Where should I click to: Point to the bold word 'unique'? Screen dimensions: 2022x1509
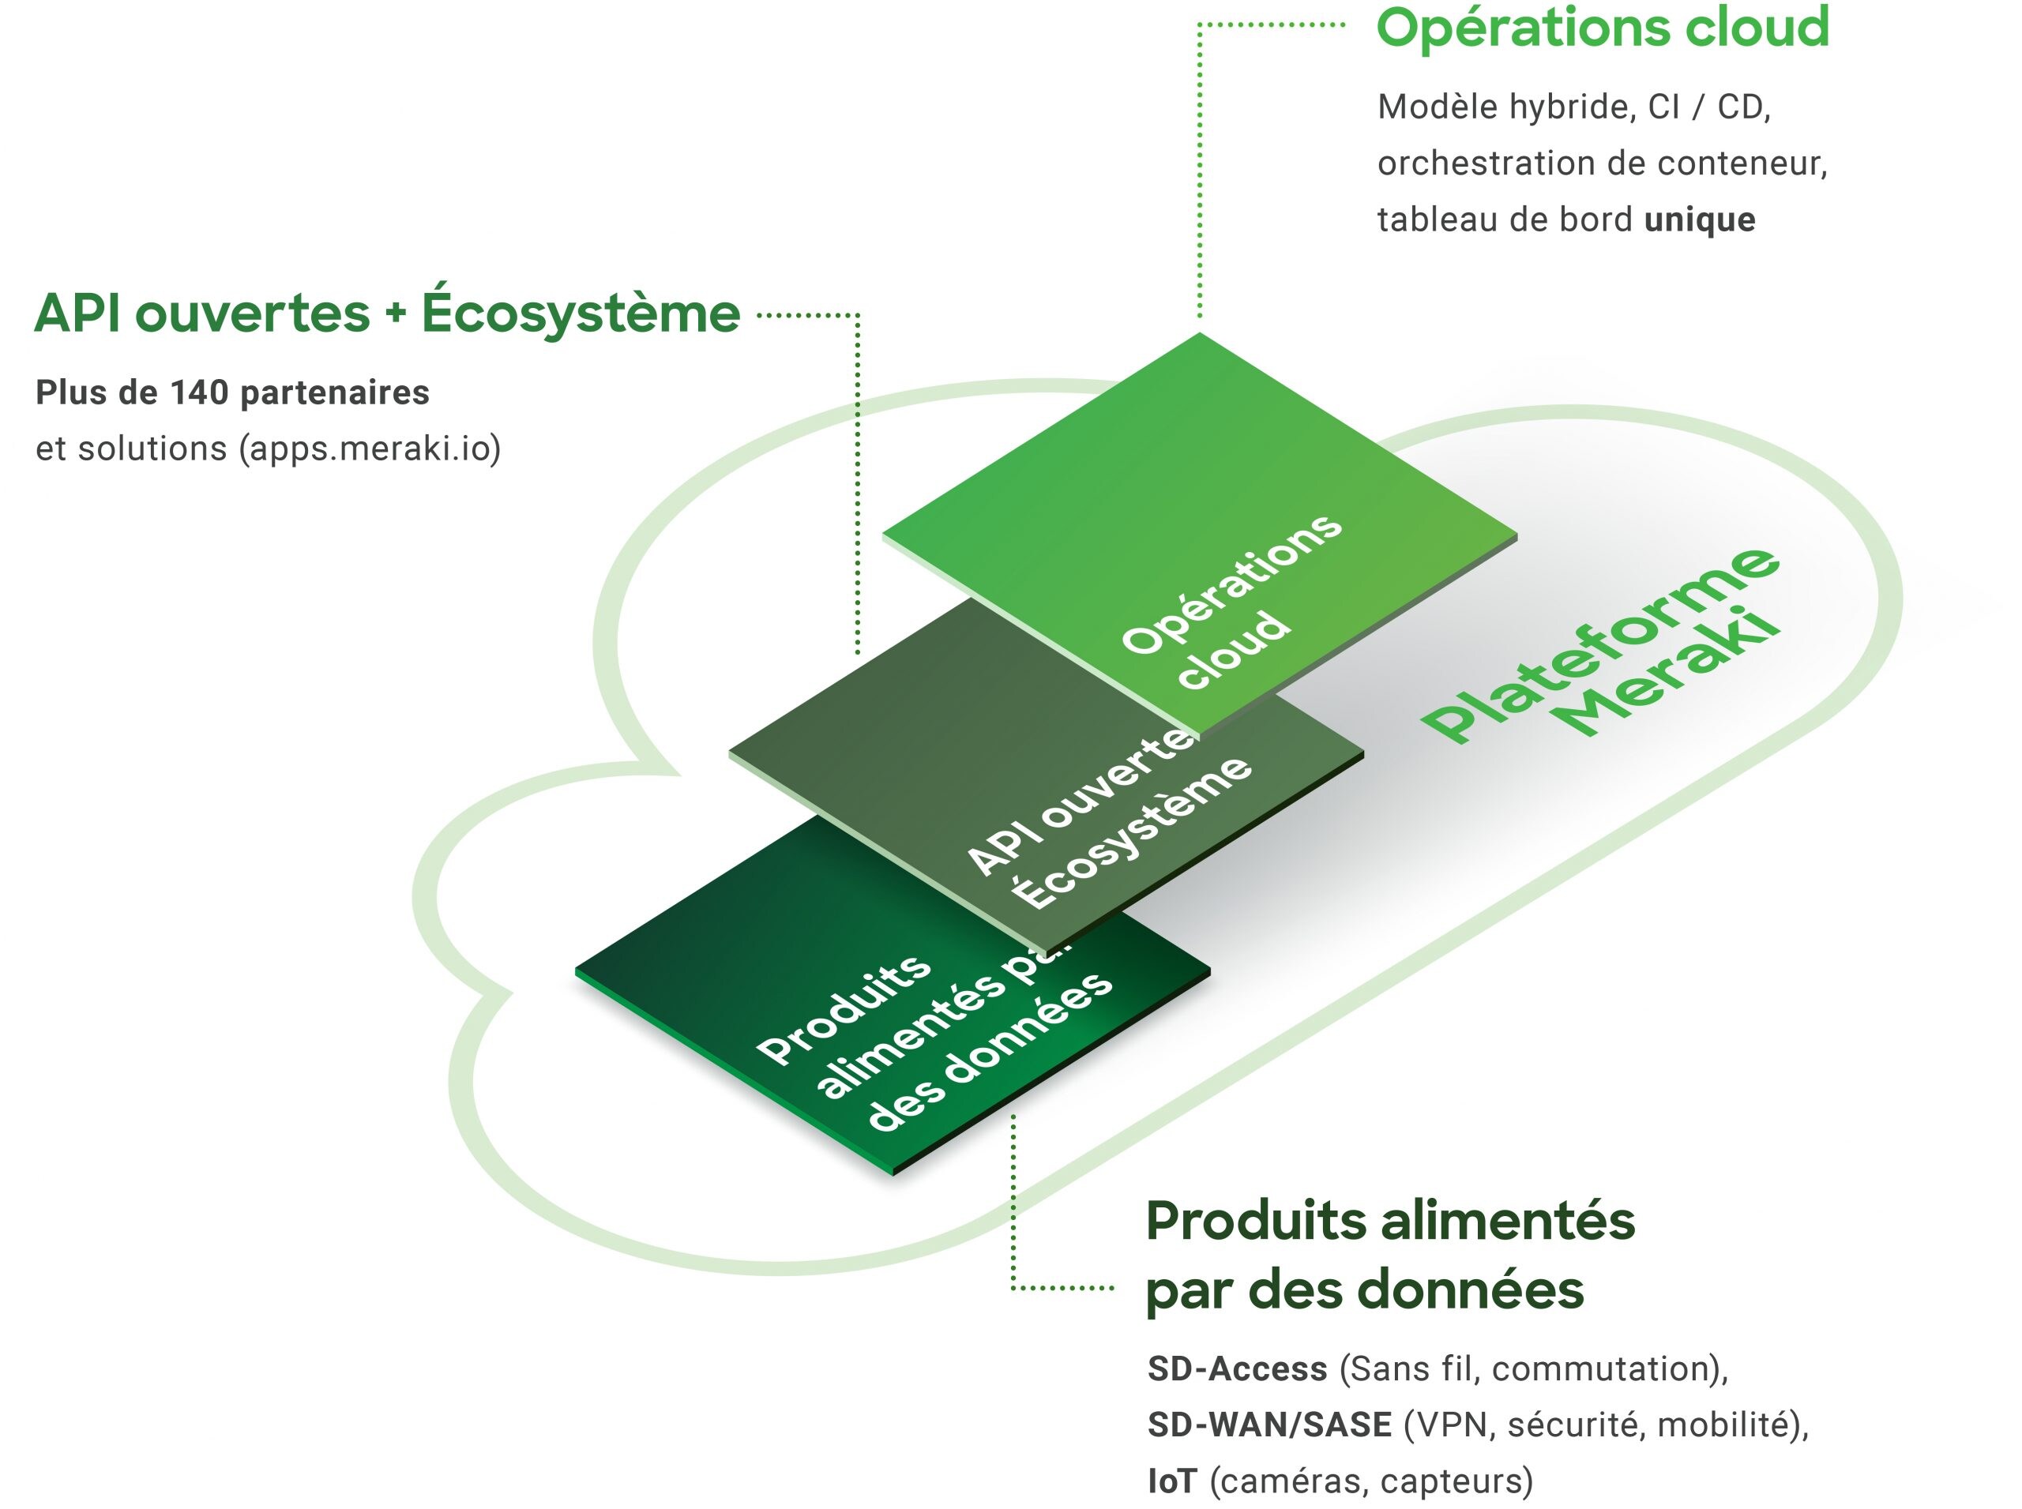pyautogui.click(x=1700, y=220)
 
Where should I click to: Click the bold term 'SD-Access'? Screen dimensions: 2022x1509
pyautogui.click(x=1237, y=1368)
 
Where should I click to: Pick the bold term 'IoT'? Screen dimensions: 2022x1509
pyautogui.click(x=1171, y=1481)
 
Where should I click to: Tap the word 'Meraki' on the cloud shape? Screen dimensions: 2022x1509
pyautogui.click(x=1671, y=676)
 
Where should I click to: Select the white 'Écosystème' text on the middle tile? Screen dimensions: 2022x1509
pyautogui.click(x=1132, y=831)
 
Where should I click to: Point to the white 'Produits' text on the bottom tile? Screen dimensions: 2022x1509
pyautogui.click(x=844, y=1009)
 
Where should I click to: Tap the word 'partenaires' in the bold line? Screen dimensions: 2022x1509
pyautogui.click(x=333, y=392)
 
